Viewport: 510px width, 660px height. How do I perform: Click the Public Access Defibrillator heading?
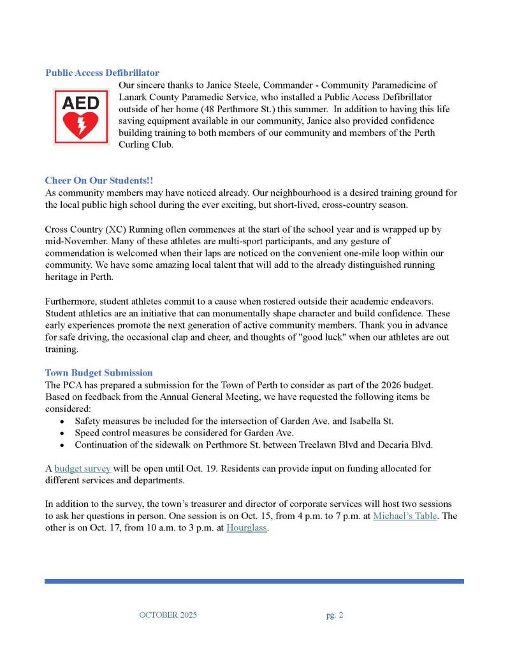point(102,73)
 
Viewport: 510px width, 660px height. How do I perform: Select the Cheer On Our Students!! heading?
point(99,180)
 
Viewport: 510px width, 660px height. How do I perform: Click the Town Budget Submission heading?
point(99,372)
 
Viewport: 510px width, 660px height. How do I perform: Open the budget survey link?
point(82,469)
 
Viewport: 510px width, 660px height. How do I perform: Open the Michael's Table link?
point(405,516)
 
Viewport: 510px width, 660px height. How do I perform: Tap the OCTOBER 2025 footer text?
point(168,615)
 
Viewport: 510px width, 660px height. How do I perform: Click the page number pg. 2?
point(333,615)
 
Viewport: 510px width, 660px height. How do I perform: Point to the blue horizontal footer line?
point(254,581)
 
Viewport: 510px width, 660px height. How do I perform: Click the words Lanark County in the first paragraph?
point(146,97)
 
